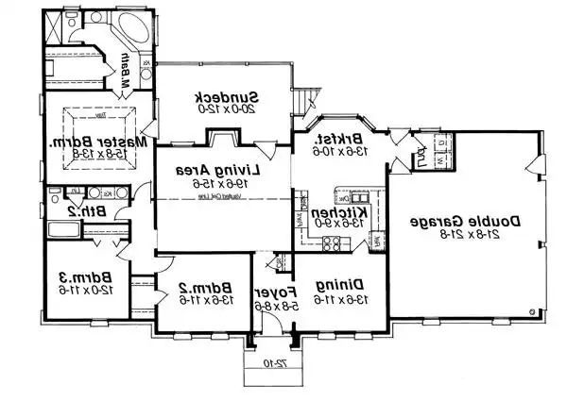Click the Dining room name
click(340, 284)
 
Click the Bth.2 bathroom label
click(88, 212)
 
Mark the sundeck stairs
click(302, 98)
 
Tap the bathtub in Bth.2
click(61, 230)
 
